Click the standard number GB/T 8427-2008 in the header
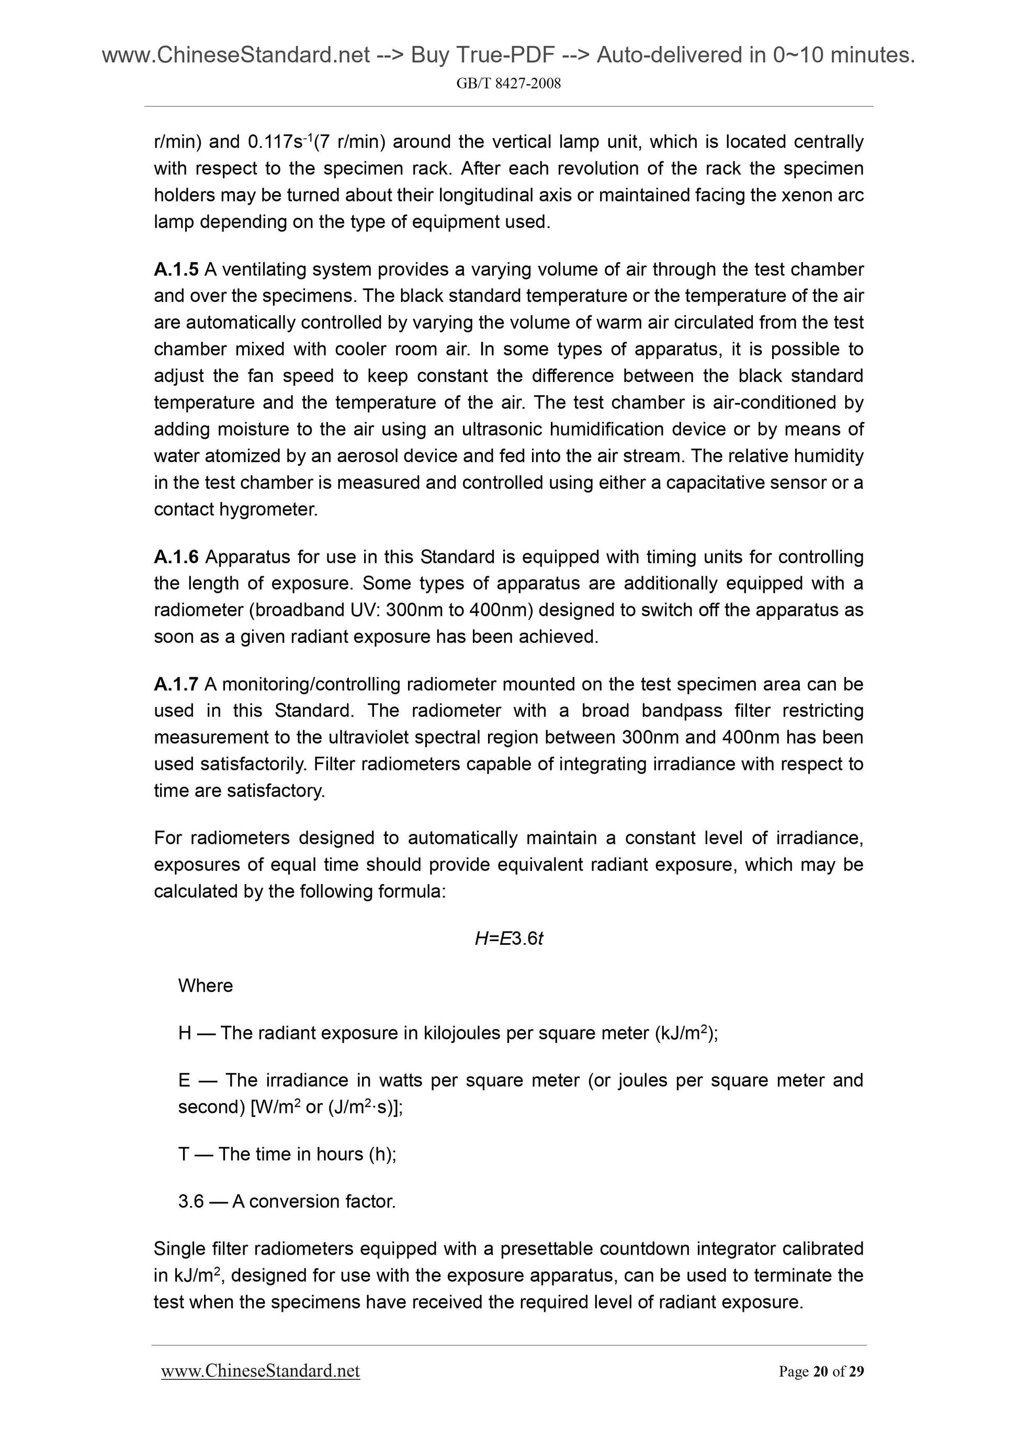pyautogui.click(x=508, y=83)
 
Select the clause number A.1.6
pyautogui.click(x=176, y=557)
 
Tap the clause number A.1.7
pyautogui.click(x=176, y=684)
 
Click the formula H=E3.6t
pyautogui.click(x=508, y=939)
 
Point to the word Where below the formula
pyautogui.click(x=205, y=986)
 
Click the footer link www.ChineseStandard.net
pyautogui.click(x=261, y=1371)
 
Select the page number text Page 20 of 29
pyautogui.click(x=821, y=1372)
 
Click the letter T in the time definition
pyautogui.click(x=184, y=1154)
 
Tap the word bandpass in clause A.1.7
pyautogui.click(x=678, y=711)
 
